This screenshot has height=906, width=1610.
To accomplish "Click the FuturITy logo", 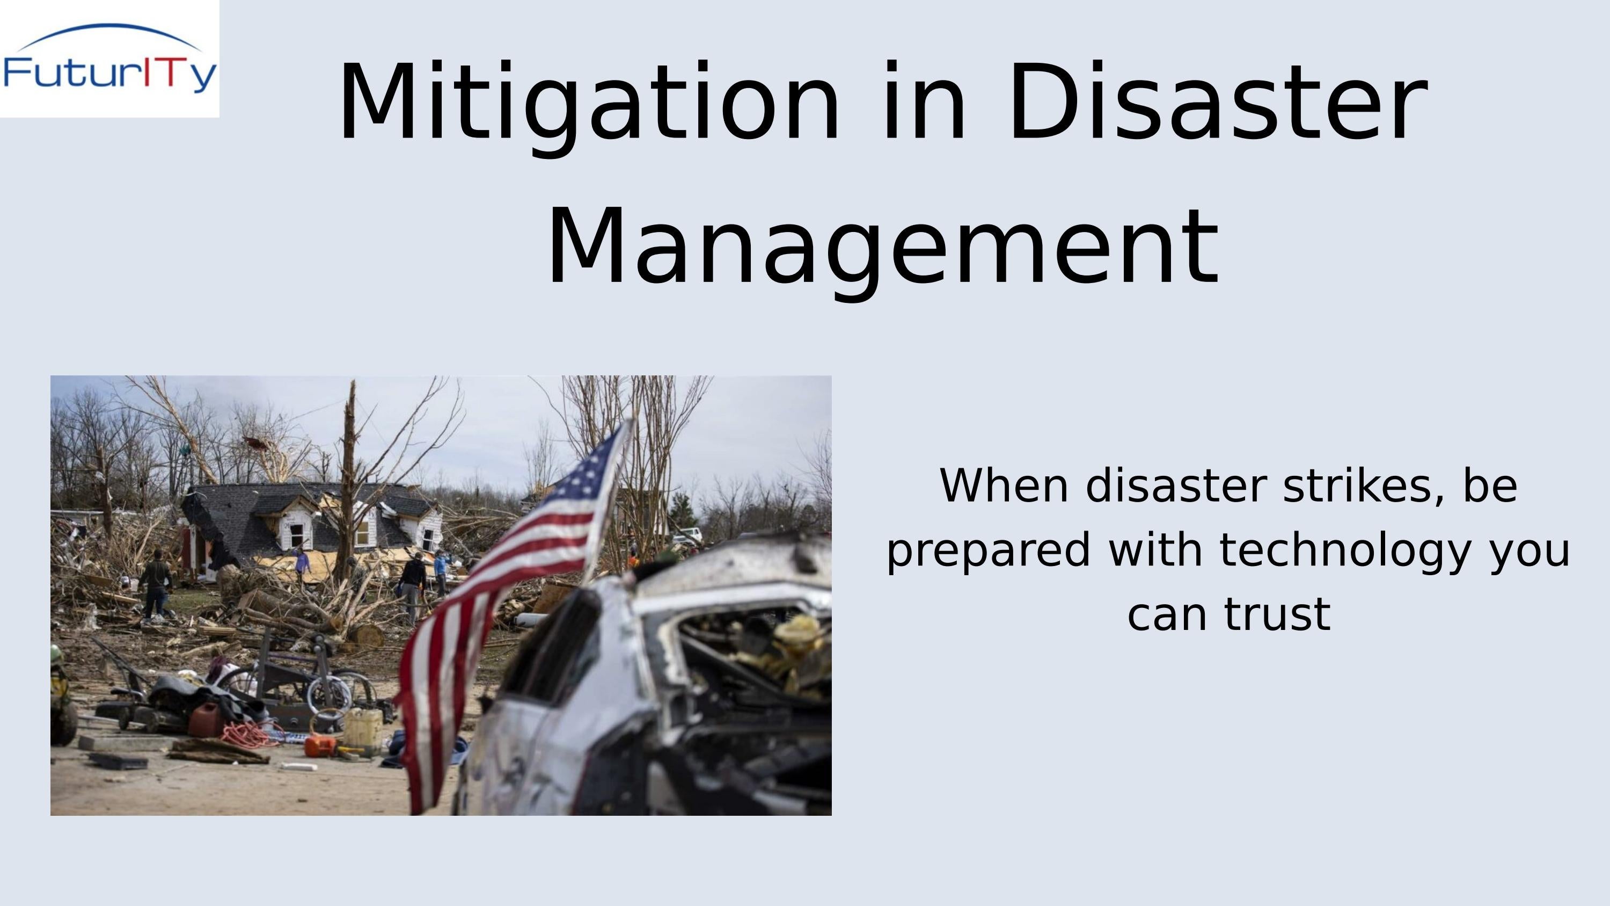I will tap(109, 60).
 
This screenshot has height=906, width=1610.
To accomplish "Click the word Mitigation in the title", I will tap(588, 103).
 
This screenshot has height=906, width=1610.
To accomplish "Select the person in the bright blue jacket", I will tap(441, 566).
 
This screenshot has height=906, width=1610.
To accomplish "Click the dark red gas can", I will tap(206, 720).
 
